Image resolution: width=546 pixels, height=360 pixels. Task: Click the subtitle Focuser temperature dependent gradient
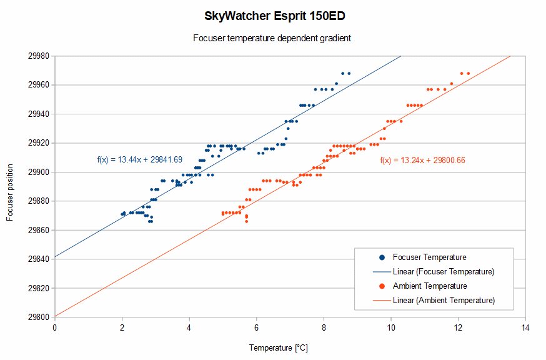pos(272,38)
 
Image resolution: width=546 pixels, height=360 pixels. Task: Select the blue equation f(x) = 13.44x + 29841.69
pos(140,161)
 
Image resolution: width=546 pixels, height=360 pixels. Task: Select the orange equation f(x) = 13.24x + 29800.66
pos(422,161)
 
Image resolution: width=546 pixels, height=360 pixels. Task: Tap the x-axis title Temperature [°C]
pos(279,347)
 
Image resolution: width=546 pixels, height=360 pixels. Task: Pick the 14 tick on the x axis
pos(525,327)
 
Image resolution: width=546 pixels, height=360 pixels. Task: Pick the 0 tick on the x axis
pos(54,327)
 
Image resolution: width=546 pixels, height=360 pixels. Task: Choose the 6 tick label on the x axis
pos(256,327)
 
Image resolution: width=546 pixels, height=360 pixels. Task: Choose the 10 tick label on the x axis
pos(391,327)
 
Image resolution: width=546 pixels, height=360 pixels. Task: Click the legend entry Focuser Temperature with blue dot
pos(429,257)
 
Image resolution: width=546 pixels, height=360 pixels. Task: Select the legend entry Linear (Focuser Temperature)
pos(444,271)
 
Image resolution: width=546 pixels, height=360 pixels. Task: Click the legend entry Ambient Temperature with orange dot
pos(430,286)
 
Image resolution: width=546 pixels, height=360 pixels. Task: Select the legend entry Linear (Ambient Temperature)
pos(444,300)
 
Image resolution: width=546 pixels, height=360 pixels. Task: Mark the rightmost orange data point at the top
pos(468,73)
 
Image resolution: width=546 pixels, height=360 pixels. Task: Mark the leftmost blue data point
pos(122,214)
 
